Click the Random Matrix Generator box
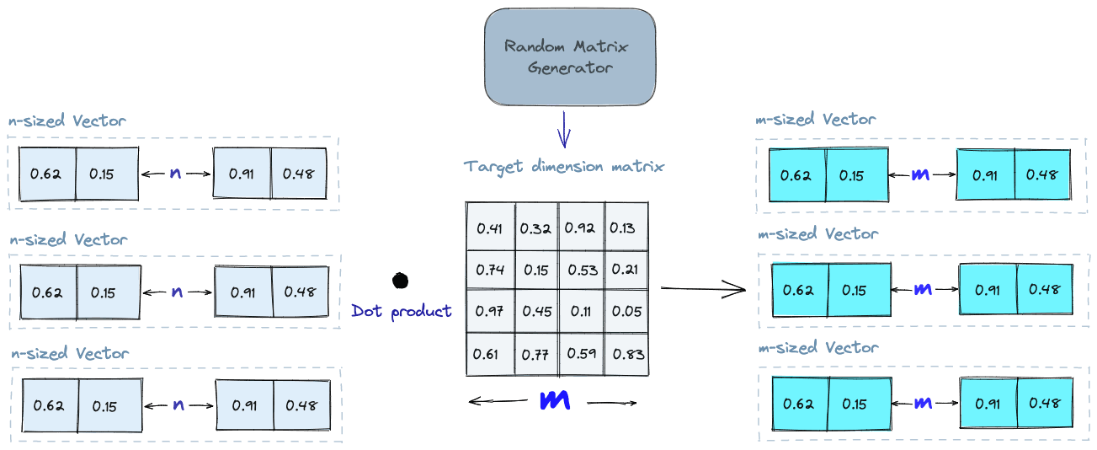(569, 56)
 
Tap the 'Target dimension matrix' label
(563, 166)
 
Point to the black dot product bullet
(400, 280)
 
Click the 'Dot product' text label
(401, 311)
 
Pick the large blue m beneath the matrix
(555, 401)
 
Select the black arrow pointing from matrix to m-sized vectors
(704, 290)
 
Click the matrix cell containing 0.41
(489, 228)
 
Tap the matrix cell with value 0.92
(581, 228)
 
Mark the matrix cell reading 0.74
(489, 271)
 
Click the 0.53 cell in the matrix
(581, 271)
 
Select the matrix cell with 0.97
(489, 312)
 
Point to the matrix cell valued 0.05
(625, 312)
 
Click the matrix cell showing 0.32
(535, 228)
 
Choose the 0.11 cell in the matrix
(581, 312)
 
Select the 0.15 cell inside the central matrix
(535, 271)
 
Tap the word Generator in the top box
(570, 67)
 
